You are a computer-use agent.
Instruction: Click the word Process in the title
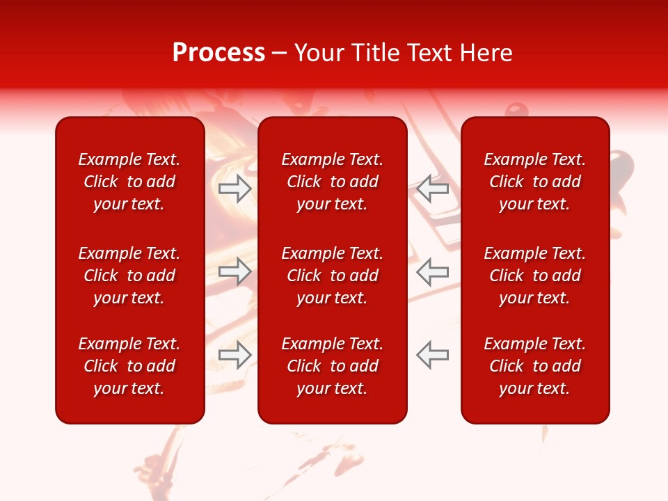[x=218, y=53]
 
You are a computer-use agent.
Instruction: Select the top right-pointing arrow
[x=235, y=189]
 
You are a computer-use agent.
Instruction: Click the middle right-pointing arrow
[x=235, y=271]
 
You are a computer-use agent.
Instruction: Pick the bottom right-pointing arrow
[x=235, y=354]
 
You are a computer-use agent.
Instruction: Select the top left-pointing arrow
[x=433, y=189]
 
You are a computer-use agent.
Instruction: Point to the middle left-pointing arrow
[x=433, y=271]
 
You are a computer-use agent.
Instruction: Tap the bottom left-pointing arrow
[x=433, y=354]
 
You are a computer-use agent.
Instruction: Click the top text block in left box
[x=129, y=182]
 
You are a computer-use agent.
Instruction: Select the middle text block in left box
[x=129, y=276]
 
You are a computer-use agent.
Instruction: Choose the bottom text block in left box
[x=129, y=366]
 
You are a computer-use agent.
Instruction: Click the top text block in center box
[x=333, y=182]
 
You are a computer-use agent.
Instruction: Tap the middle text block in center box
[x=333, y=276]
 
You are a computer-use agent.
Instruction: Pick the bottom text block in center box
[x=333, y=366]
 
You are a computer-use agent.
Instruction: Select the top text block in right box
[x=535, y=182]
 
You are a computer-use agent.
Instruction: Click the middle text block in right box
[x=535, y=276]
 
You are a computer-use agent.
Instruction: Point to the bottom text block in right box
[x=535, y=366]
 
